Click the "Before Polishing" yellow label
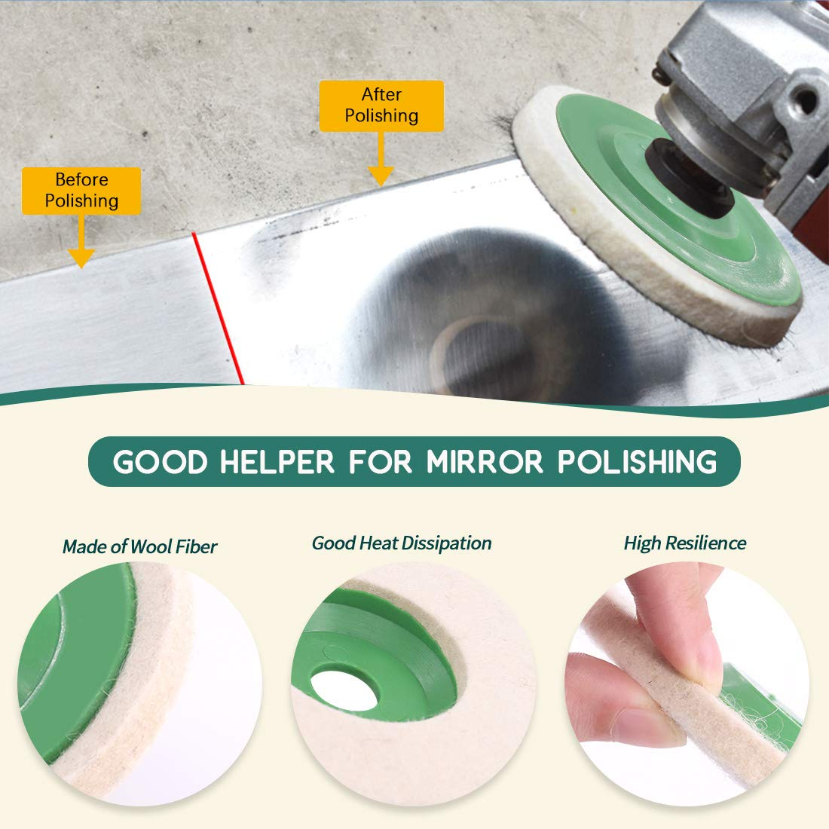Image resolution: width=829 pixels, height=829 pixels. pyautogui.click(x=81, y=191)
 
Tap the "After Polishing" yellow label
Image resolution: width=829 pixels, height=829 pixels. pyautogui.click(x=381, y=106)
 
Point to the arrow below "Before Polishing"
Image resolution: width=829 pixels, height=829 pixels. pyautogui.click(x=81, y=241)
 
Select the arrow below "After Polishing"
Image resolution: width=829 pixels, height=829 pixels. pyautogui.click(x=381, y=158)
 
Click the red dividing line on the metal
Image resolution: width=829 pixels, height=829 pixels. pyautogui.click(x=217, y=307)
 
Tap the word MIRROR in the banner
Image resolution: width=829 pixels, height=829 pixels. pyautogui.click(x=485, y=462)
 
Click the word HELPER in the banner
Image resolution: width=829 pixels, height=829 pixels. pyautogui.click(x=277, y=462)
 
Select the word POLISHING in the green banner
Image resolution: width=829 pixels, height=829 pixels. pyautogui.click(x=638, y=462)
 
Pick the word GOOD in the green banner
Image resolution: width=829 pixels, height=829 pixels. pyautogui.click(x=160, y=462)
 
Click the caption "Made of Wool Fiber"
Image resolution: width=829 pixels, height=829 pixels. pyautogui.click(x=139, y=546)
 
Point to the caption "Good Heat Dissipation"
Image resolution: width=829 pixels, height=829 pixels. pyautogui.click(x=402, y=543)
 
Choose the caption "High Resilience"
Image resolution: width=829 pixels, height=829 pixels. pyautogui.click(x=685, y=543)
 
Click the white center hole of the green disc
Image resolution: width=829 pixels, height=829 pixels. pyautogui.click(x=344, y=690)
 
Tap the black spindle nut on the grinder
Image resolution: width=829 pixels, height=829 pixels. pyautogui.click(x=687, y=178)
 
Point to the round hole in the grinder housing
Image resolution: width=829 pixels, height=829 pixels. pyautogui.click(x=805, y=100)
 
